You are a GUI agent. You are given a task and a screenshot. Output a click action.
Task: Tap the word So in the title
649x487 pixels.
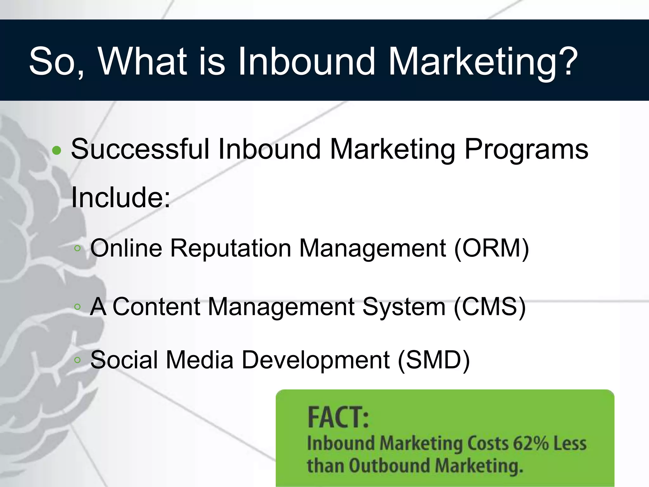point(54,61)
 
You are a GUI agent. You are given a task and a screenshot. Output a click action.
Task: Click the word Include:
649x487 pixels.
point(121,197)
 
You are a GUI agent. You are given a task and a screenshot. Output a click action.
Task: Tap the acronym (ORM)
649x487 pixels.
point(492,248)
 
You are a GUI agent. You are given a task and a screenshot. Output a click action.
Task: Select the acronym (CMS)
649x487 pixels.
point(490,307)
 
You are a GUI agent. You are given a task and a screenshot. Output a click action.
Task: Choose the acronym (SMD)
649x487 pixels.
point(434,360)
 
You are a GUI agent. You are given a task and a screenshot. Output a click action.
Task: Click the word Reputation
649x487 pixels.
point(230,248)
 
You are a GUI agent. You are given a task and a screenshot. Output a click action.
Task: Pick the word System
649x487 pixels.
point(404,307)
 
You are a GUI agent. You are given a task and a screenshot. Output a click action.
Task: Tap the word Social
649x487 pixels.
point(124,360)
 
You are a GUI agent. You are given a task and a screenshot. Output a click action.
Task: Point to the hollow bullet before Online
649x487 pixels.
point(77,249)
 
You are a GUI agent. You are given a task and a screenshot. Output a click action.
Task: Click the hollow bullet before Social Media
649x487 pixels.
point(77,360)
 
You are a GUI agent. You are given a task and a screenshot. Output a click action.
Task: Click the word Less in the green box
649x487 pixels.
point(570,443)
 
